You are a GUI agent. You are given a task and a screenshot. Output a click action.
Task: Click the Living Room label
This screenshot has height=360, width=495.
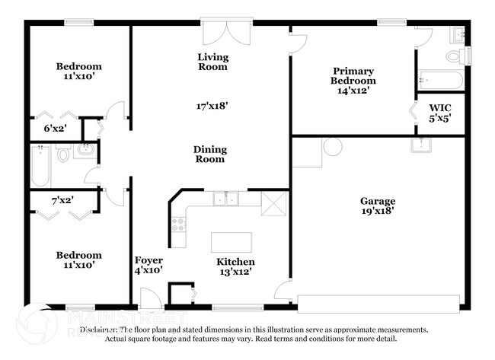(212, 62)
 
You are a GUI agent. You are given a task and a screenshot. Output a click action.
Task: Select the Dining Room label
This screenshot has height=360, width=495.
(209, 155)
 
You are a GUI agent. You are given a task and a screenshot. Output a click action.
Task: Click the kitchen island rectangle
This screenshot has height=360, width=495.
(231, 243)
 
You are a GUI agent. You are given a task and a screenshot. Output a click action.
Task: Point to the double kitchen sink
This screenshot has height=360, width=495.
(225, 199)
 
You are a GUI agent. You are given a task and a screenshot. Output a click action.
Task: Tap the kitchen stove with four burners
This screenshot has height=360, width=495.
(180, 224)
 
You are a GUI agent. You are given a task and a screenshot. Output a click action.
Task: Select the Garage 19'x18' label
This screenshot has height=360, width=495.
(378, 207)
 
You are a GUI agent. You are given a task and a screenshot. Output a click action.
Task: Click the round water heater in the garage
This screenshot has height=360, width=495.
(332, 147)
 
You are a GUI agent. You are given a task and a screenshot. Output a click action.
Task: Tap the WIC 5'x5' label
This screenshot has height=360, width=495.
(440, 113)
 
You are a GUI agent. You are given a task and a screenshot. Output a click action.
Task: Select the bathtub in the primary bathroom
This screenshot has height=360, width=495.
(438, 81)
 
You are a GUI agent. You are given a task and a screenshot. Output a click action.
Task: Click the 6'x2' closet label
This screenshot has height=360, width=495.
(54, 129)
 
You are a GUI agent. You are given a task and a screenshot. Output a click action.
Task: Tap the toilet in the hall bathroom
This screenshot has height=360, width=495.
(64, 155)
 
